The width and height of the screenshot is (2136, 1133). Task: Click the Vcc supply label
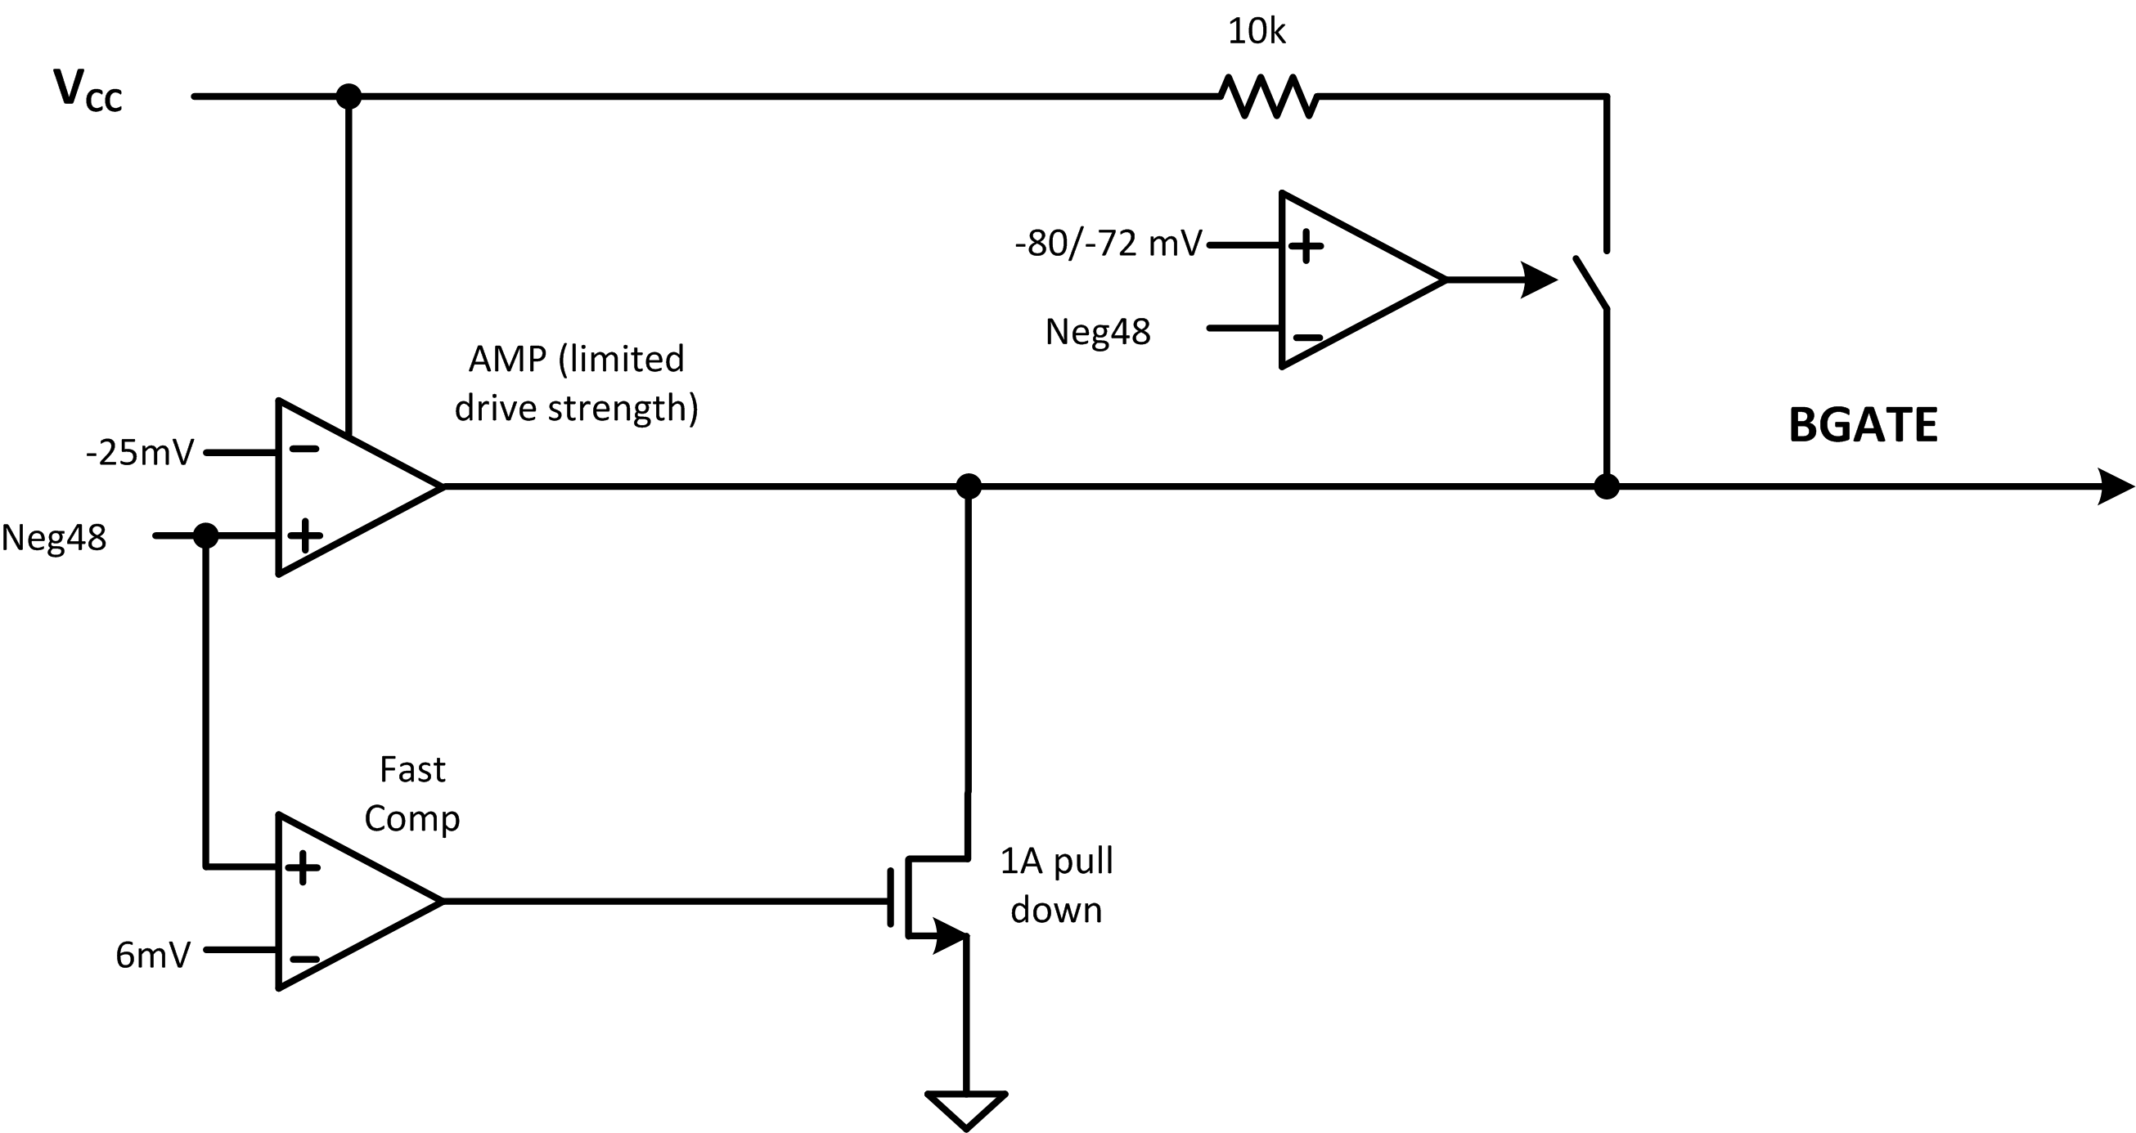click(88, 91)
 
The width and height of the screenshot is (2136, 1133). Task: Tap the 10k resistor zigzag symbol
click(1268, 97)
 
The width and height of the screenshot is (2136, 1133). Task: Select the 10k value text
click(1257, 33)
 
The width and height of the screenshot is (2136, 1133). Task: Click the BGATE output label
click(1863, 426)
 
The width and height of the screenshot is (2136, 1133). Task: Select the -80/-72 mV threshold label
click(1108, 244)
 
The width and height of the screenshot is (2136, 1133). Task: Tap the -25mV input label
click(139, 454)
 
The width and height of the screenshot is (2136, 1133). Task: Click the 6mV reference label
click(152, 956)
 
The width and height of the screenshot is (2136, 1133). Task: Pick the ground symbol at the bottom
click(967, 1108)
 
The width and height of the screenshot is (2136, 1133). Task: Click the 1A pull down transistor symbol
click(929, 899)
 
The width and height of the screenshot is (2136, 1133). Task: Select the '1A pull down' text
click(1056, 885)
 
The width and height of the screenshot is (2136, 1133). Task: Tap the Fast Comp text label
click(412, 794)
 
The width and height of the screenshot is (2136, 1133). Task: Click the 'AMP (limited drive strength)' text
click(576, 383)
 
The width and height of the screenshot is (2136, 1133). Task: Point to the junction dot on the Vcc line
click(349, 97)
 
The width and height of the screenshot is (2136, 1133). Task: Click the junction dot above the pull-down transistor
click(969, 486)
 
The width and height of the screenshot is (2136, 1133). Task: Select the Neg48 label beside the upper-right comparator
click(1098, 333)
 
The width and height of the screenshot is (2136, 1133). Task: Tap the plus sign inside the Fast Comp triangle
click(303, 868)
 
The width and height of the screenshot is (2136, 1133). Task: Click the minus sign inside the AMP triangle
click(304, 450)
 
